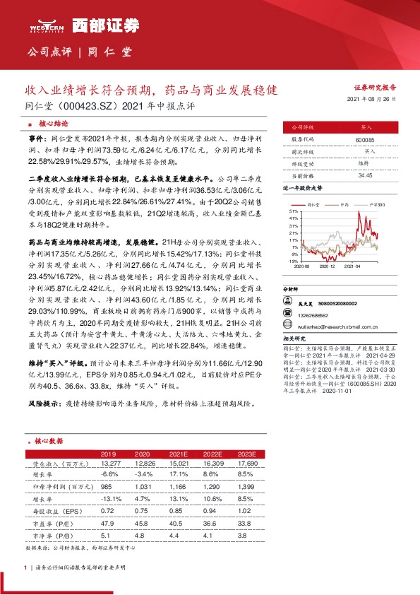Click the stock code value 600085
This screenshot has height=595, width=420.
pyautogui.click(x=366, y=140)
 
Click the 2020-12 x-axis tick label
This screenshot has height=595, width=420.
pyautogui.click(x=327, y=266)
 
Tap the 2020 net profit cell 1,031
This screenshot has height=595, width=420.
pyautogui.click(x=144, y=486)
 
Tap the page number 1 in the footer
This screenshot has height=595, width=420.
pyautogui.click(x=25, y=567)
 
